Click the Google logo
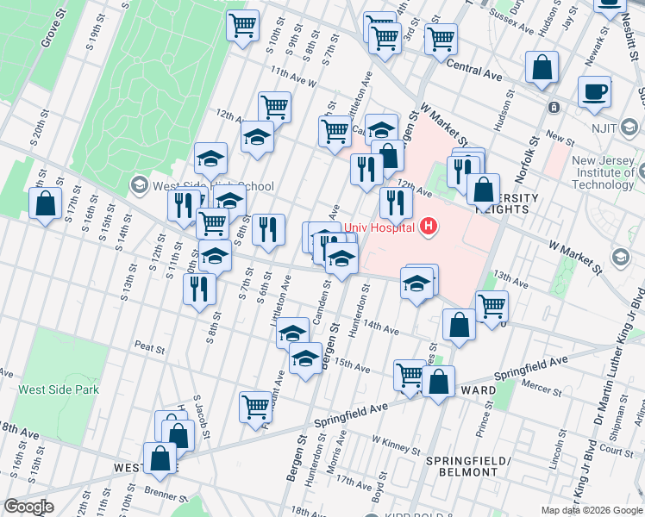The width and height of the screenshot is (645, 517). pyautogui.click(x=28, y=507)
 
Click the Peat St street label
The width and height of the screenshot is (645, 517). pyautogui.click(x=149, y=348)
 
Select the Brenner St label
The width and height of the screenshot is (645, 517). pyautogui.click(x=166, y=497)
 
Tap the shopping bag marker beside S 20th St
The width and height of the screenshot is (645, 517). pyautogui.click(x=45, y=205)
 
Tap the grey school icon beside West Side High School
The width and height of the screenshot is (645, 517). pyautogui.click(x=139, y=185)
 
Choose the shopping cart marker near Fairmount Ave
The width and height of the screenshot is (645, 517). pyautogui.click(x=256, y=406)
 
